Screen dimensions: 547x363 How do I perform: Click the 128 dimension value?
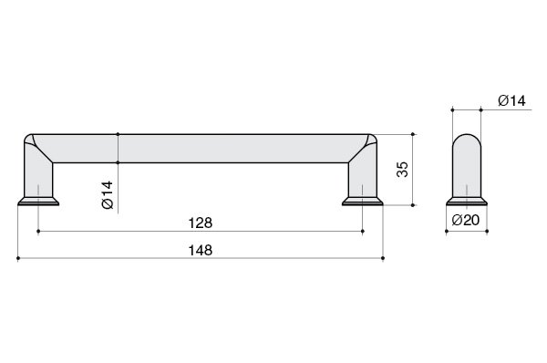point(201,223)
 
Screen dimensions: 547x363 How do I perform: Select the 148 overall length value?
point(201,250)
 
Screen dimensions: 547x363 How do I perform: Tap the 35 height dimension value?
point(402,170)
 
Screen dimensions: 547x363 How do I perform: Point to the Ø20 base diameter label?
point(466,220)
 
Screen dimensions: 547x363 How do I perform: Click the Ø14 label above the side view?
point(511,100)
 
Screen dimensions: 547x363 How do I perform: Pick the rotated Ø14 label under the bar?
point(108,195)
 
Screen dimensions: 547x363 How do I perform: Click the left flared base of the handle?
point(38,201)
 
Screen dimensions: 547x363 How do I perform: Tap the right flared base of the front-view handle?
point(363,201)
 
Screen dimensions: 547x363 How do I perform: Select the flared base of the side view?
point(467,201)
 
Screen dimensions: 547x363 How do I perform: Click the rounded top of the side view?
point(467,139)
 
